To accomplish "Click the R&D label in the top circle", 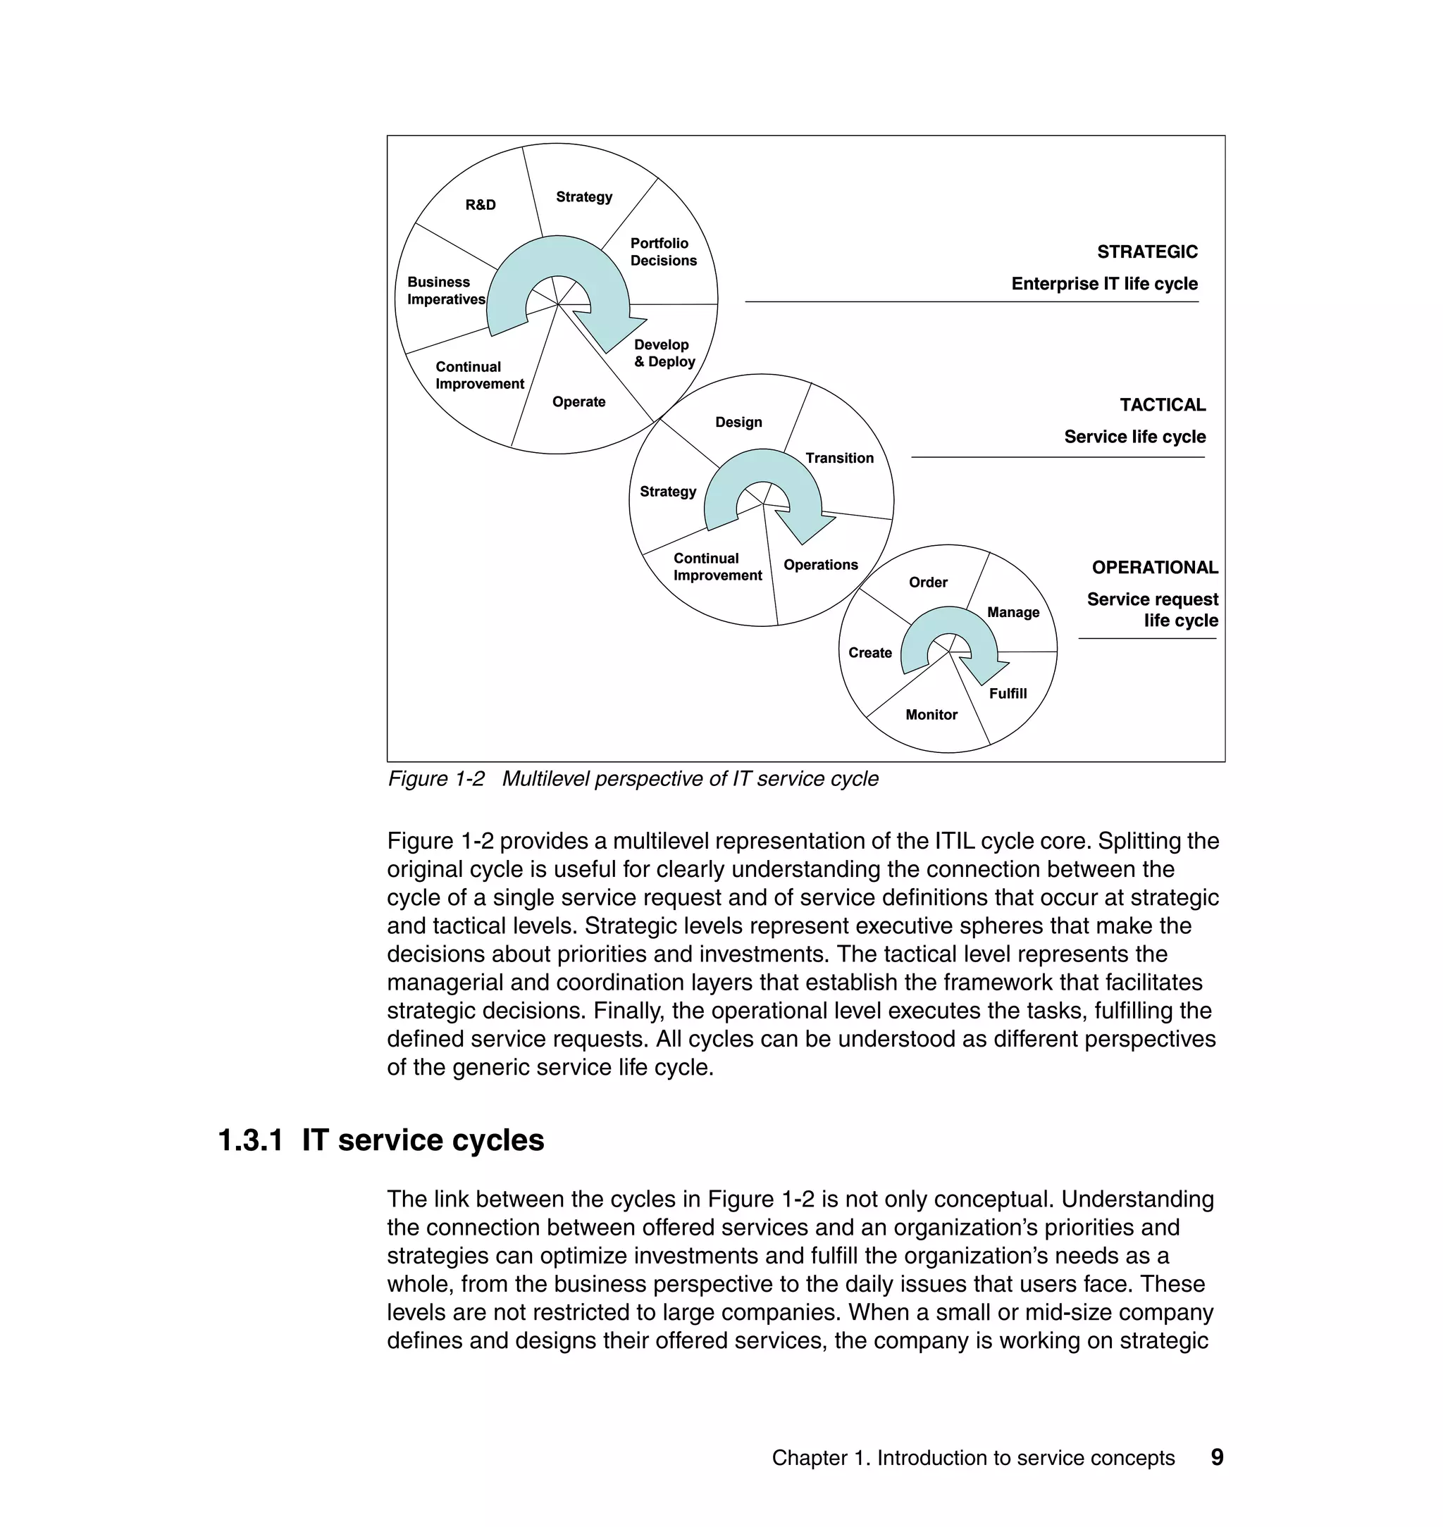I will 481,204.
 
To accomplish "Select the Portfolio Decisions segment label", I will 663,252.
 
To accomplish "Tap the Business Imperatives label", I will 445,291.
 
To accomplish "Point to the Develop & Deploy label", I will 664,353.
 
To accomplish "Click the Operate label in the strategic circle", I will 578,401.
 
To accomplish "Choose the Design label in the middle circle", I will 738,422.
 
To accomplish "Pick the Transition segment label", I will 839,459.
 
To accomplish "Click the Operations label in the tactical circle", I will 820,564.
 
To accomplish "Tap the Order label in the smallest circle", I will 928,582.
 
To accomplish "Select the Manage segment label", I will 1012,612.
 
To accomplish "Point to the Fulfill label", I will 1008,694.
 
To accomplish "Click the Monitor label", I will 931,714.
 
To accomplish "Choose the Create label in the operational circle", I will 869,653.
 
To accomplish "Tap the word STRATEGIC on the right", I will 1146,251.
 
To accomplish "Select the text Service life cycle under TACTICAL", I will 1134,437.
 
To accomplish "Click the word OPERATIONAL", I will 1154,568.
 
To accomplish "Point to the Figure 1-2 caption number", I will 436,779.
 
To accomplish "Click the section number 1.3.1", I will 251,1140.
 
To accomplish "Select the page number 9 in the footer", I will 1217,1457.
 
